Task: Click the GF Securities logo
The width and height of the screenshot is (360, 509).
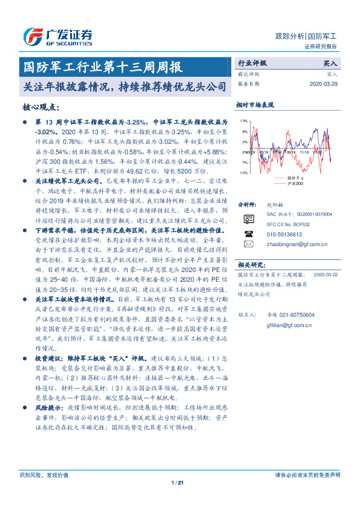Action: (x=57, y=37)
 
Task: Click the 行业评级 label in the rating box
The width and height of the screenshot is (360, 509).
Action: (x=252, y=63)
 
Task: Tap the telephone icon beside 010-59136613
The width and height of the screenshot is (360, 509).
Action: (x=249, y=233)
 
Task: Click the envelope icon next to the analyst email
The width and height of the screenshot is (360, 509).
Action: (x=249, y=244)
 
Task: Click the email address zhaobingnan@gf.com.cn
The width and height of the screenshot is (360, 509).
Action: (x=289, y=244)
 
